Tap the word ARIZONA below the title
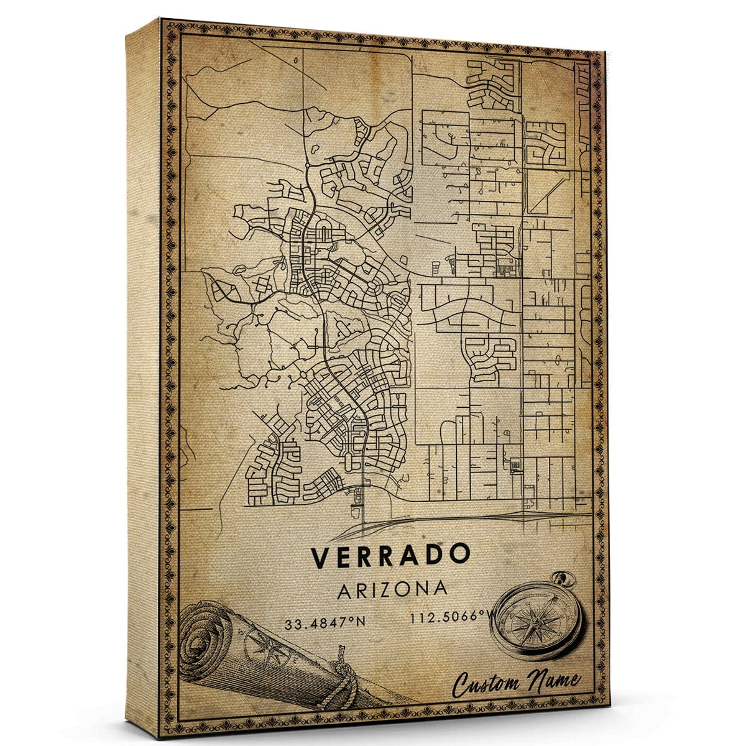click(392, 589)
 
